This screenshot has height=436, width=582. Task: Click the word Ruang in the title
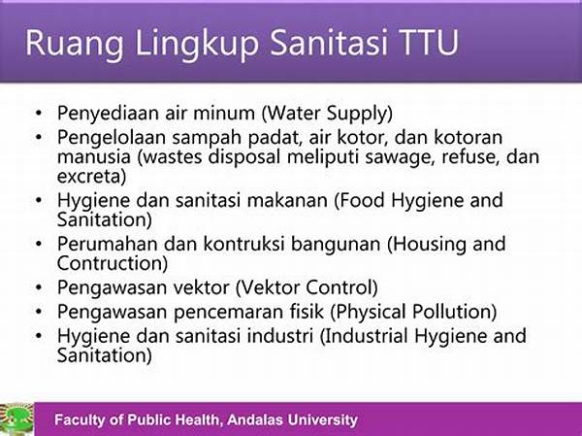point(75,44)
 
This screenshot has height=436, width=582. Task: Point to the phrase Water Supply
point(327,114)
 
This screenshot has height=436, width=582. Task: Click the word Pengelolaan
point(112,138)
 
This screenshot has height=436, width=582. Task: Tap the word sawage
point(400,157)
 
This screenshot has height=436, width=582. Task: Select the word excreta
point(92,177)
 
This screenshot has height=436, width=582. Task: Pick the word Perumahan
point(108,244)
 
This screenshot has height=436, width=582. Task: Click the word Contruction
point(113,263)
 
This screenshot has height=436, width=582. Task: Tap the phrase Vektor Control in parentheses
point(307,287)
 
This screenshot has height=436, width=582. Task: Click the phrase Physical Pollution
point(413,312)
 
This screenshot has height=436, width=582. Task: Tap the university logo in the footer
point(16,419)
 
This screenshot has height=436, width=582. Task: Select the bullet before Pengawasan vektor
point(39,287)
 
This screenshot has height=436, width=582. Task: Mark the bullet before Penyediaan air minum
point(39,113)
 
